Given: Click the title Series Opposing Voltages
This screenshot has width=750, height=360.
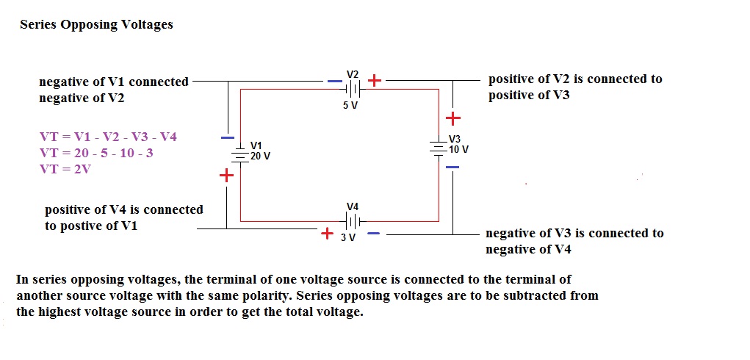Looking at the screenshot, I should point(96,24).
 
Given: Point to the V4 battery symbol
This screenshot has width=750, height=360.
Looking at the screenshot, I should point(353,220).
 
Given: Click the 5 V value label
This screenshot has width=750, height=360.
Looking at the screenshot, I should point(350,105).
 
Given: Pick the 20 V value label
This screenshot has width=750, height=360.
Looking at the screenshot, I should point(260,156).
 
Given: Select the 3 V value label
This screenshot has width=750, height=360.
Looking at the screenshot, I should point(348,237).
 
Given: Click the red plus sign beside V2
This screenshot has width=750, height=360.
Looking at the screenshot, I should point(375,80).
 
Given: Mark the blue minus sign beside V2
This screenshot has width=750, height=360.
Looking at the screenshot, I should point(335,81).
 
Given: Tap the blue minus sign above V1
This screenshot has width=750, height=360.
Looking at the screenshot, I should point(228,137).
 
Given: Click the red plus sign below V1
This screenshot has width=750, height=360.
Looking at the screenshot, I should point(226,176).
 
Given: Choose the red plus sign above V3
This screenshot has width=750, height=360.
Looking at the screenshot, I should point(453,118).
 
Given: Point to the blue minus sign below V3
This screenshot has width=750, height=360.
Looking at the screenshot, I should point(452,168).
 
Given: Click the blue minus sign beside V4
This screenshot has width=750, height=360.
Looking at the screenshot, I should point(373,234).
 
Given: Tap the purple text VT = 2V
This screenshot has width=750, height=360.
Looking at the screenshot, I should point(65,169).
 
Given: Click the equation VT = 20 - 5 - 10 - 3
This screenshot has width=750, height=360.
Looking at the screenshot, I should point(97,153).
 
